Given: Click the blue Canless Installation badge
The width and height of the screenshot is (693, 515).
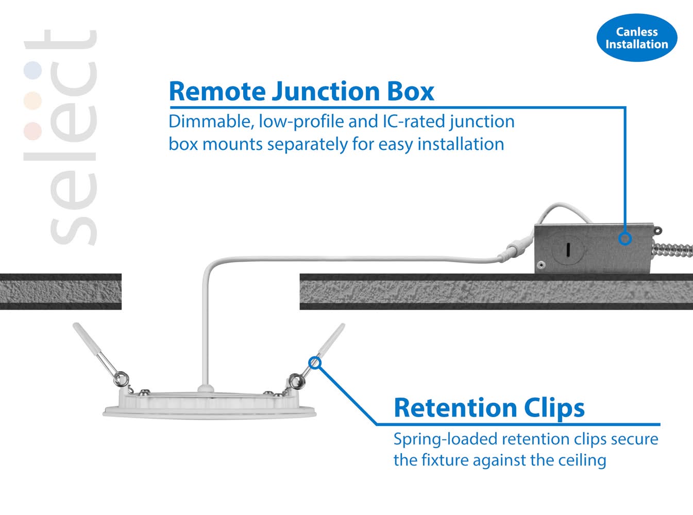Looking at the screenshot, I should pos(637,38).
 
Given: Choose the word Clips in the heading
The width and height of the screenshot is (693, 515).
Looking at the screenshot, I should pos(554,408).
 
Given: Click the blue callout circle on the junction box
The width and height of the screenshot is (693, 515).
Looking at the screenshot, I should pos(625,238).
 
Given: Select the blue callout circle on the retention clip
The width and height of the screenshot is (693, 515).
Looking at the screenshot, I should pos(315,363).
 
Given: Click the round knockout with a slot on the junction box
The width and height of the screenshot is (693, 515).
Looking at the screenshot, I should pos(567,249).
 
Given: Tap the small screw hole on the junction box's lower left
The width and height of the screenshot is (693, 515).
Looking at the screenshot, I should pos(541,265).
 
